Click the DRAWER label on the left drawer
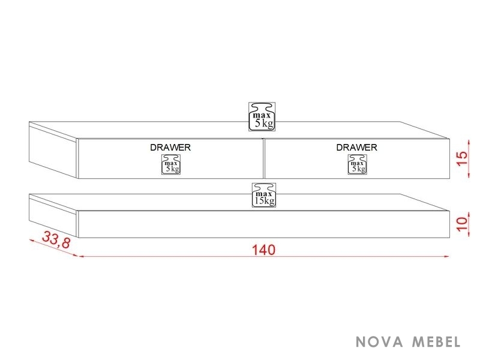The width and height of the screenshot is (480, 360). click(x=170, y=147)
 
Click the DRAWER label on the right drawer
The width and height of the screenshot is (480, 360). click(x=356, y=147)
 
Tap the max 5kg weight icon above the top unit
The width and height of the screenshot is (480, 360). click(x=262, y=116)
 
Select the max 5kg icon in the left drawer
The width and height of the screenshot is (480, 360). click(x=171, y=164)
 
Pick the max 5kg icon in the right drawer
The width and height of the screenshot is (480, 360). click(x=357, y=164)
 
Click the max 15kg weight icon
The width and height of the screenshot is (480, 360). click(x=264, y=195)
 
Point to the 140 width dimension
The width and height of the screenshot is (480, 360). click(x=263, y=250)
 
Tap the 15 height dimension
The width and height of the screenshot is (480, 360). click(x=463, y=158)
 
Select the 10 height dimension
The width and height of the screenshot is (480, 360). click(x=463, y=224)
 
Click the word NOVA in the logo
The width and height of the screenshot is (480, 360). click(x=379, y=341)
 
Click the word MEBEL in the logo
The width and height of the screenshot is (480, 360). click(x=436, y=341)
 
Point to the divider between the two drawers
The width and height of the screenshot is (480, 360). click(x=263, y=158)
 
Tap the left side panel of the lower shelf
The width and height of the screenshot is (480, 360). click(x=53, y=217)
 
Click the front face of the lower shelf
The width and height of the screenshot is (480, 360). click(x=264, y=224)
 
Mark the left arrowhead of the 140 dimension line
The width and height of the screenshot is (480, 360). click(x=82, y=256)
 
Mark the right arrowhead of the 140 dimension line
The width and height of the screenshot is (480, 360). click(x=446, y=256)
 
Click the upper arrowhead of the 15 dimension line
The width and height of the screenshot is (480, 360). click(x=469, y=142)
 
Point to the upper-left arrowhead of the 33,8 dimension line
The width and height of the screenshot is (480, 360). click(x=32, y=241)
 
